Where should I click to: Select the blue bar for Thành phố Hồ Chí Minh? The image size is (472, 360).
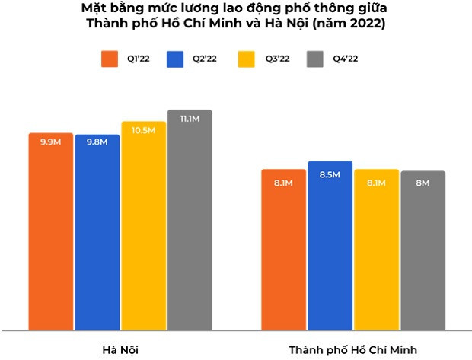[330, 251]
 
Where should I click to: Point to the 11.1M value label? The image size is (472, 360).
[190, 119]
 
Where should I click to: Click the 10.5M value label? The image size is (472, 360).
[143, 131]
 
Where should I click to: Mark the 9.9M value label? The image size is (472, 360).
[50, 142]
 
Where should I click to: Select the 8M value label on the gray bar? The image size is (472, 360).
[423, 183]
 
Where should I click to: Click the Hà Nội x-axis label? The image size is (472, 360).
[120, 349]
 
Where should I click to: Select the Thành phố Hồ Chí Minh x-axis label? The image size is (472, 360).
[353, 349]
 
